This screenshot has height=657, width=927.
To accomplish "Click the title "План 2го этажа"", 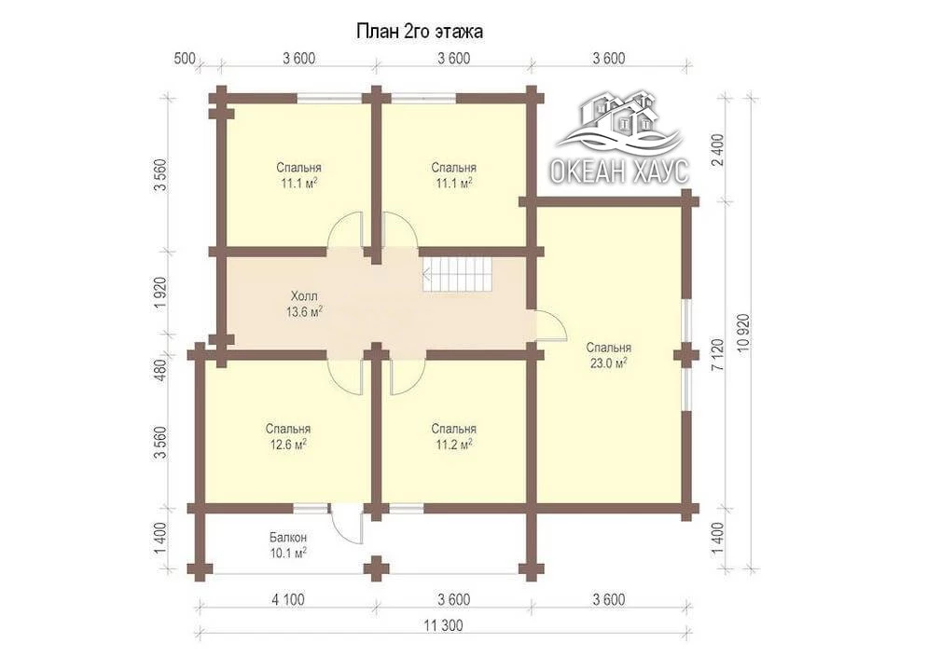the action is tap(419, 31).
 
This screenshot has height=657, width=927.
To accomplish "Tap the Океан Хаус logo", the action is tap(620, 137).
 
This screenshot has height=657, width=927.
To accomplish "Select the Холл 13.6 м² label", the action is tap(304, 304).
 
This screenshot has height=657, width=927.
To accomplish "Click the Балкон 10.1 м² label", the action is tap(288, 545).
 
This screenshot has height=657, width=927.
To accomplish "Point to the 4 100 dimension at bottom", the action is tap(288, 600).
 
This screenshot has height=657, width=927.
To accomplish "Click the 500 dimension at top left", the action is tap(185, 59).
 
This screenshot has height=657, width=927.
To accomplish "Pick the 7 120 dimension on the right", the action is tap(718, 354).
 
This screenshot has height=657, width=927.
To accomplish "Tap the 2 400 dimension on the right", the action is tap(718, 151).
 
